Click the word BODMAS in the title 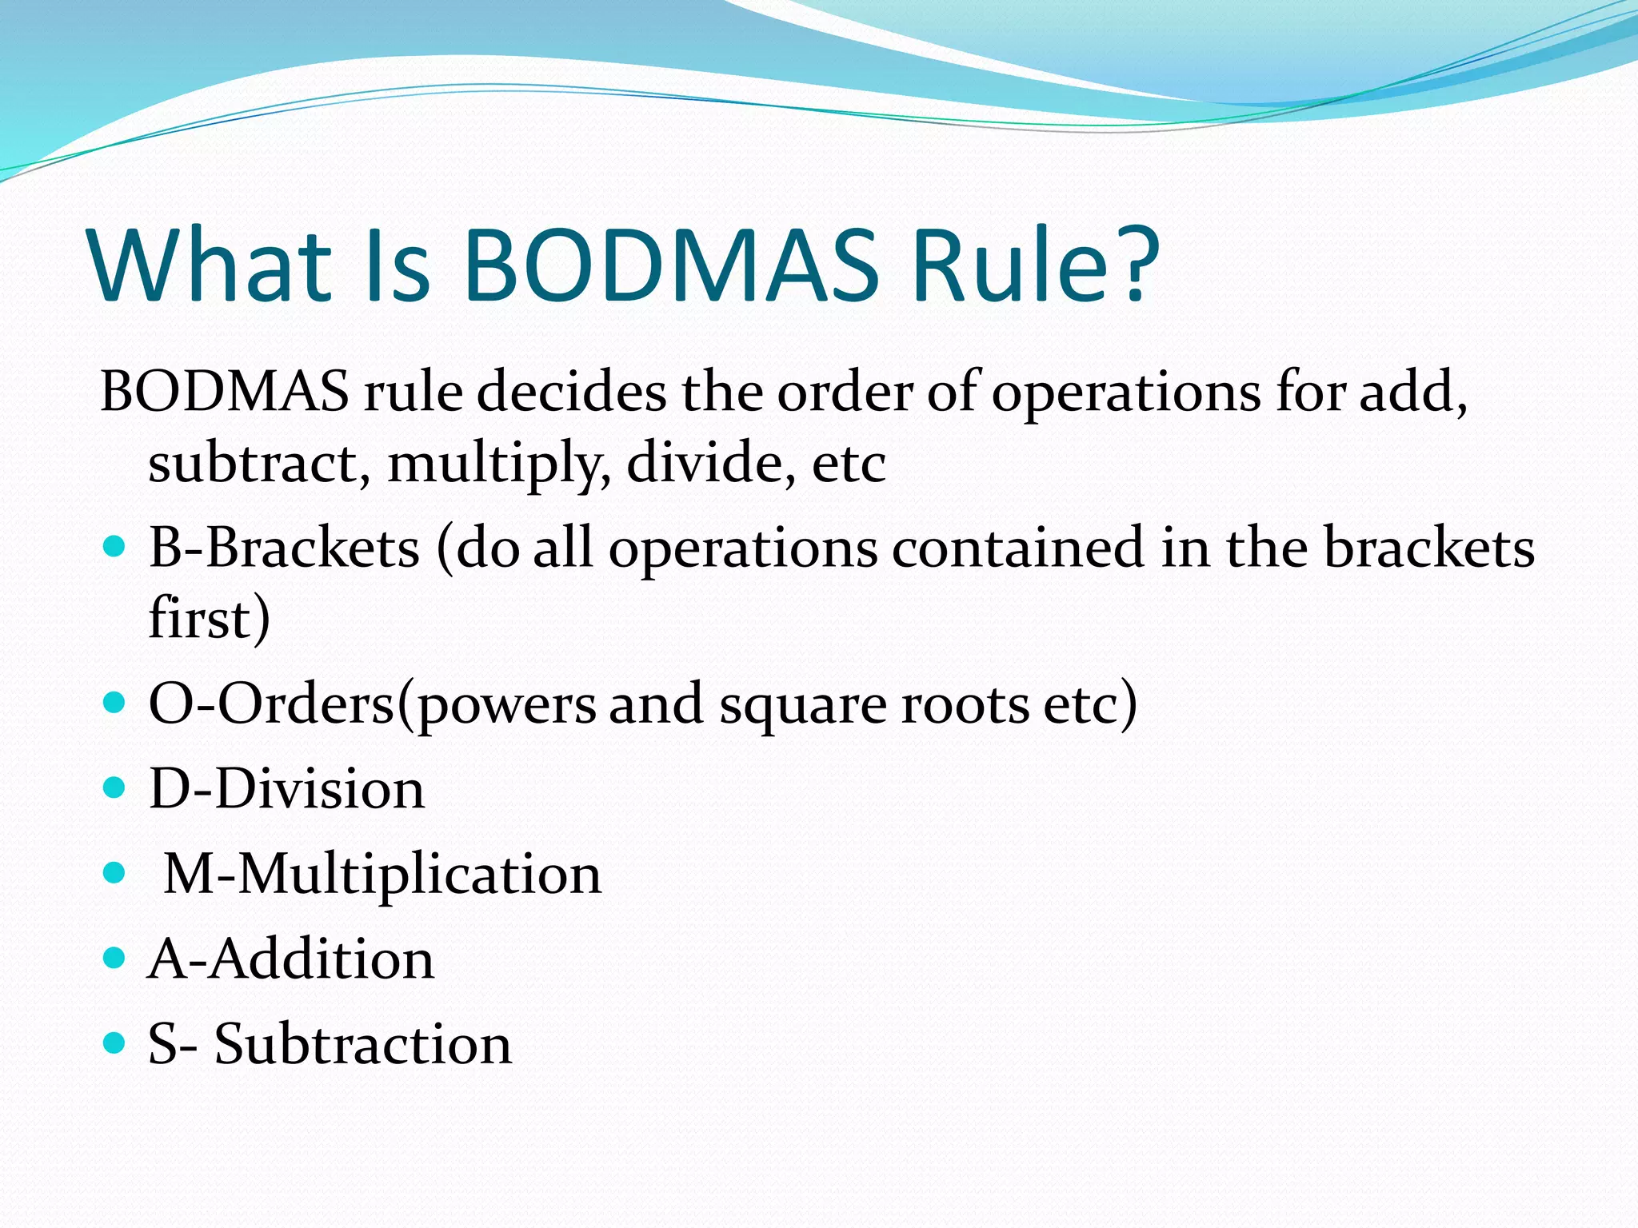point(670,265)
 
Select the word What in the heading point(210,265)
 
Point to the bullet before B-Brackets point(115,547)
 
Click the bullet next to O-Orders point(115,703)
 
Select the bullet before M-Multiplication point(115,873)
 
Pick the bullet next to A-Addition point(115,958)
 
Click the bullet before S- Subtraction point(115,1043)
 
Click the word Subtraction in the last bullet point(362,1044)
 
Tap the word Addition point(322,959)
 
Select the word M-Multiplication point(382,875)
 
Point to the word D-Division point(287,789)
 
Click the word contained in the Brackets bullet point(1017,548)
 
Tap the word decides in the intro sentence point(571,393)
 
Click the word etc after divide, point(849,464)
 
